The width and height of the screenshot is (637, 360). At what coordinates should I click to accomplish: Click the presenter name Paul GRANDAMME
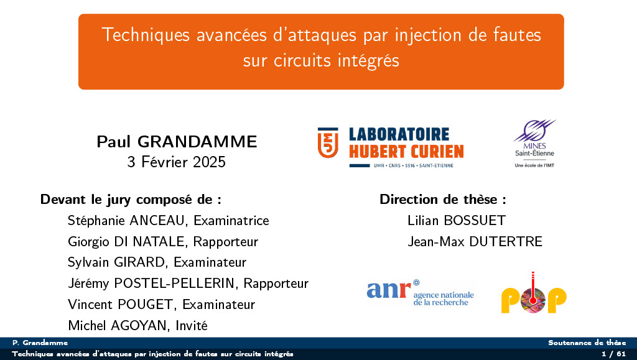pos(177,142)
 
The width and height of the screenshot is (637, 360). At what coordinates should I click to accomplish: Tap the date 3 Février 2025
pos(177,163)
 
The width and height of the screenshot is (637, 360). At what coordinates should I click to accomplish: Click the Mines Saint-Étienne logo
pos(534,144)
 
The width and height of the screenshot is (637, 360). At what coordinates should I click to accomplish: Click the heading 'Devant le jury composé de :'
pos(131,200)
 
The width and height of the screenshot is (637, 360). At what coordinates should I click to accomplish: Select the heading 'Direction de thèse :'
pos(442,200)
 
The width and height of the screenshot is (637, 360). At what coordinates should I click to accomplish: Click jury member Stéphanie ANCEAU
pos(168,221)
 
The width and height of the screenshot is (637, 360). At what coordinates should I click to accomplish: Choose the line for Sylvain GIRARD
pos(157,262)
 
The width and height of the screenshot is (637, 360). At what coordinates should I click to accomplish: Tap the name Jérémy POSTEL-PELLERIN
pos(188,284)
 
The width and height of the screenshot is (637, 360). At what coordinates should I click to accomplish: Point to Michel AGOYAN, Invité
pos(137,325)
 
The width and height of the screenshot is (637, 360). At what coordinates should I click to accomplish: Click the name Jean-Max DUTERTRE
pos(475,241)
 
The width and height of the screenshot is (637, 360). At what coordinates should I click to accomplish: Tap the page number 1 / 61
pos(613,354)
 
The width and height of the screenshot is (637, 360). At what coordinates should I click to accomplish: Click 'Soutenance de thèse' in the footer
pos(587,343)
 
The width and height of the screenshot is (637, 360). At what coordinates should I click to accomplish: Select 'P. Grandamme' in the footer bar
pos(40,343)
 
